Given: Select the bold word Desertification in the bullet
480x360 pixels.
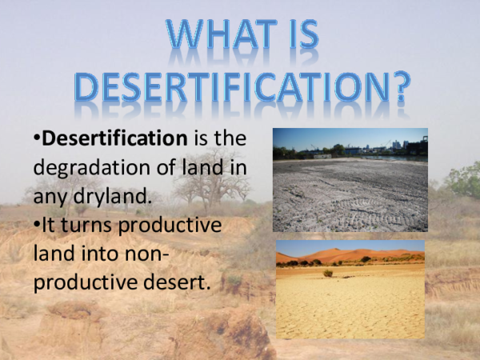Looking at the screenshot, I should (113, 138).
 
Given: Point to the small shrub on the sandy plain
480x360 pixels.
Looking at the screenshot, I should (327, 273).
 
